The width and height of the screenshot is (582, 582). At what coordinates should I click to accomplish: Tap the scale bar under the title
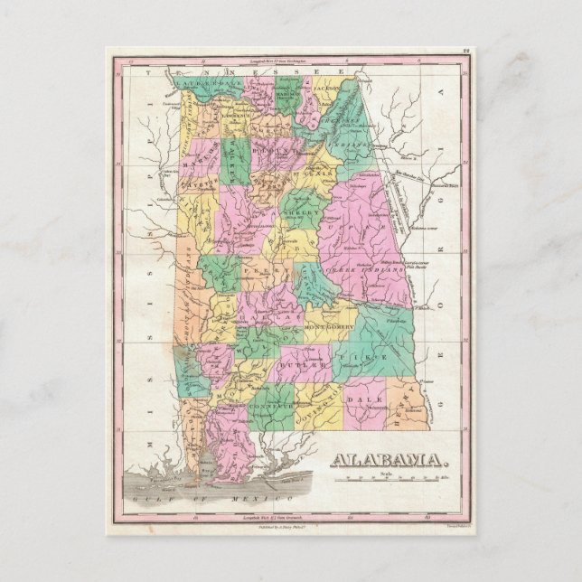click(x=391, y=478)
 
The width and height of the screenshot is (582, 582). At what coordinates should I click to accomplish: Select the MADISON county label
click(x=287, y=95)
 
